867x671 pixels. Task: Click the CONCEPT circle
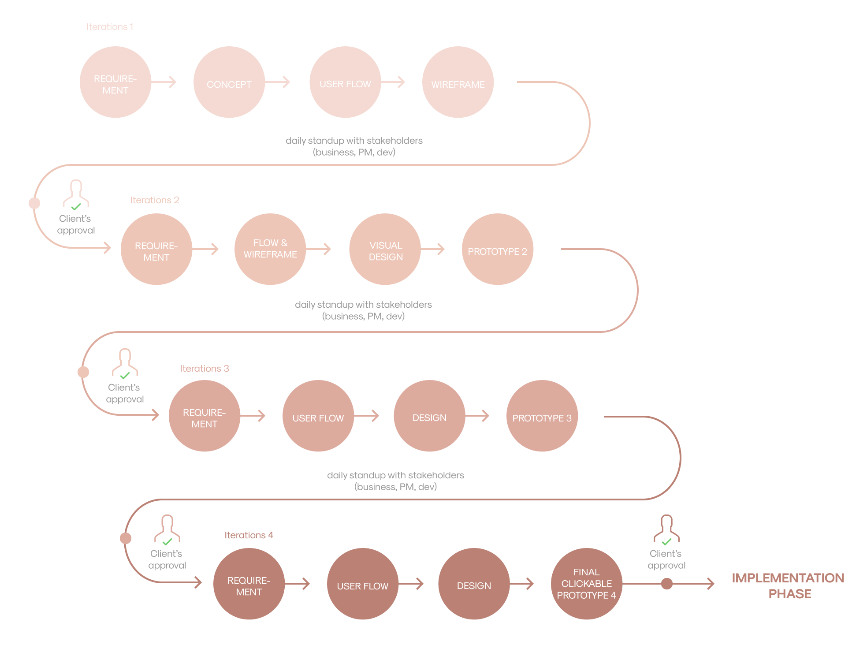[229, 82]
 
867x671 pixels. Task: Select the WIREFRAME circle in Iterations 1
[458, 82]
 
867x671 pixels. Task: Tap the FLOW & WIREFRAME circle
[270, 249]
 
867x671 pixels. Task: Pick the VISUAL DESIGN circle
[385, 250]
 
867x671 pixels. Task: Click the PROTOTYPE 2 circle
[497, 250]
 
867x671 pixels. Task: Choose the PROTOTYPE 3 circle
[542, 416]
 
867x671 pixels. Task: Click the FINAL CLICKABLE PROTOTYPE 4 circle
[586, 584]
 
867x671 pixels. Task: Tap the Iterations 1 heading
[110, 27]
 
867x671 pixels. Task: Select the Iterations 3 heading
[205, 369]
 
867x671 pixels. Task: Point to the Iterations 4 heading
[249, 535]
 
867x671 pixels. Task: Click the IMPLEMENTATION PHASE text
[788, 585]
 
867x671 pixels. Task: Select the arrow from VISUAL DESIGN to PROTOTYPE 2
[433, 249]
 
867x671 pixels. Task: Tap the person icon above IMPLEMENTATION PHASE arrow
[666, 529]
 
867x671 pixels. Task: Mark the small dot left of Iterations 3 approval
[83, 372]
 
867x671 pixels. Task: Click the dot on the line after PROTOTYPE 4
[667, 584]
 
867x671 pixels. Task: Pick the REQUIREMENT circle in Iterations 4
[249, 584]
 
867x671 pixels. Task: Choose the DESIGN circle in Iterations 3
[429, 416]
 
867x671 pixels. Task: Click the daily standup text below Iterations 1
[354, 146]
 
